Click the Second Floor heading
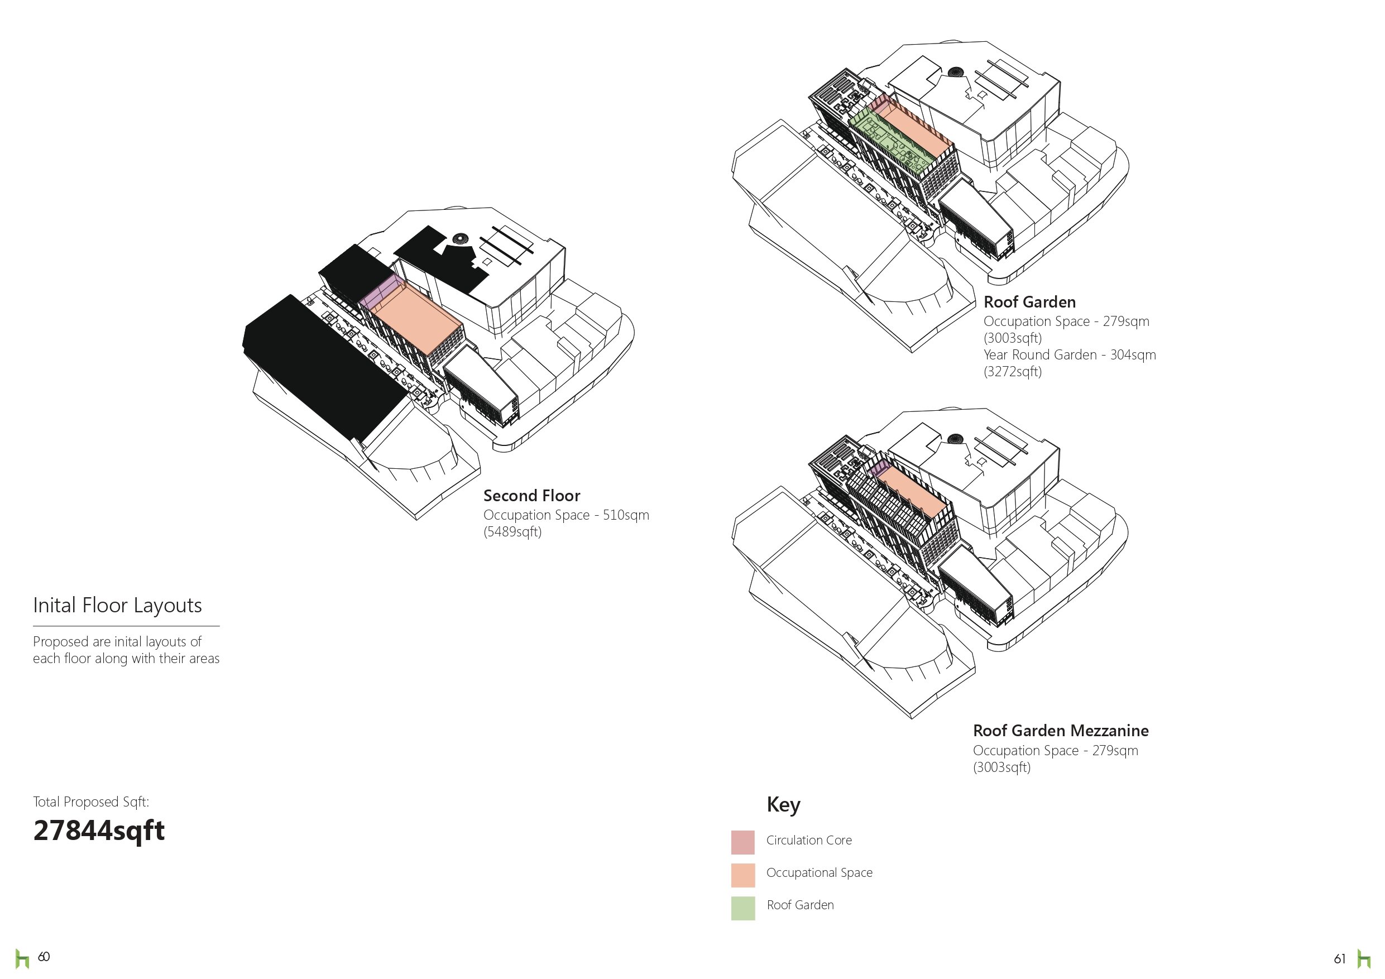tap(531, 496)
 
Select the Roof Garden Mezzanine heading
tap(1061, 731)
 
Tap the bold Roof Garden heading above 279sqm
tap(1029, 302)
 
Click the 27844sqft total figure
tap(98, 831)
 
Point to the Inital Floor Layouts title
tap(117, 605)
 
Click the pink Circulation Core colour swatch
tap(742, 842)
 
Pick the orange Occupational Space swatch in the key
tap(742, 875)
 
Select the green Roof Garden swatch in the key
tap(742, 908)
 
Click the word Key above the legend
tap(783, 805)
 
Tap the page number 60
tap(44, 957)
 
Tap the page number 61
tap(1340, 958)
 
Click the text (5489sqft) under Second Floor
tap(512, 532)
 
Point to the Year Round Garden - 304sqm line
tap(1070, 354)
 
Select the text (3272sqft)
tap(1012, 372)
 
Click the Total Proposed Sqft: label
tap(90, 802)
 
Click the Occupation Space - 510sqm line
tap(566, 515)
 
